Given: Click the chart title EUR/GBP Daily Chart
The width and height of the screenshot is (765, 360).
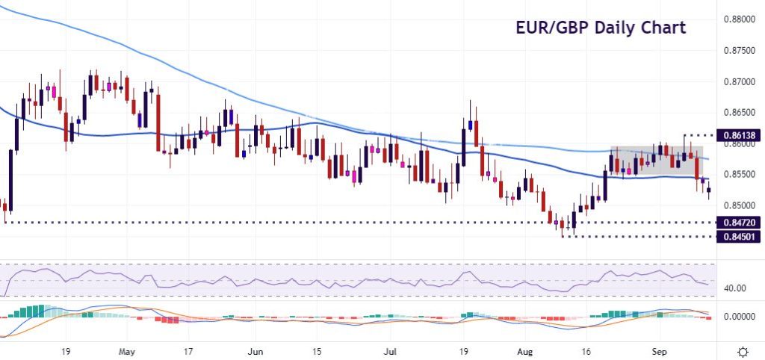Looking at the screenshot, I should coord(601,28).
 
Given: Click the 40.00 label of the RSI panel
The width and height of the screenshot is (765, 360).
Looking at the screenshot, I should coord(736,288).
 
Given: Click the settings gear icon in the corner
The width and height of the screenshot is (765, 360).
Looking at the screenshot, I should coord(744,351).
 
